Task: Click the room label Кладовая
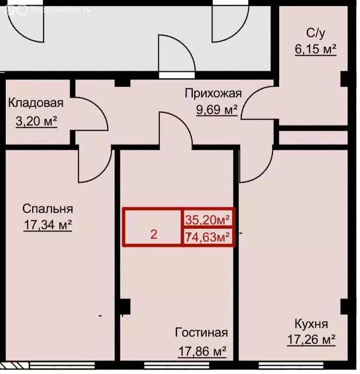click(36, 103)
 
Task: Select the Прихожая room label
click(212, 93)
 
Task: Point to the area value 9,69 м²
click(216, 110)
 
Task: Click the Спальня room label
click(48, 209)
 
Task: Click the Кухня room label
click(311, 324)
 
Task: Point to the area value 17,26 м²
click(311, 339)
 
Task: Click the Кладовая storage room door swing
click(92, 112)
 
